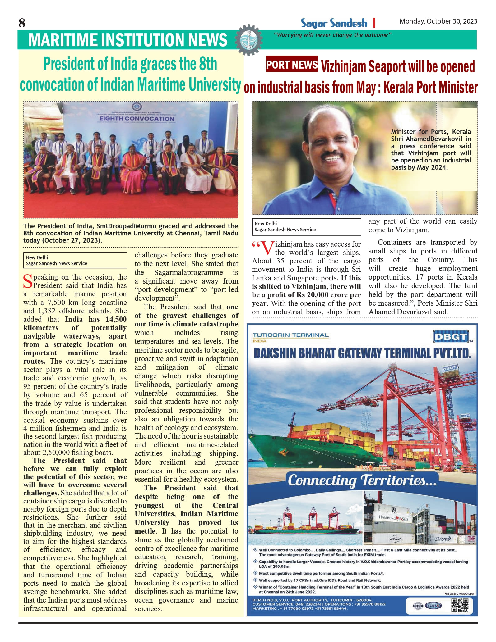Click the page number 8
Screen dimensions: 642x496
click(22, 23)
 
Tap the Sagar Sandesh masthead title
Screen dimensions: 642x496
click(334, 23)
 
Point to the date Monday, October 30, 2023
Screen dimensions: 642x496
click(438, 21)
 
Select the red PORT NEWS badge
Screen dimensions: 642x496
click(292, 64)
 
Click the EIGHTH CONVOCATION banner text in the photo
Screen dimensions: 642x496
click(137, 119)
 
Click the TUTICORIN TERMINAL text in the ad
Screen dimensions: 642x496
click(290, 335)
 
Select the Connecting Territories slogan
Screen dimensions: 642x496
click(362, 480)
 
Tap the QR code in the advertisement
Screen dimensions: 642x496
click(460, 605)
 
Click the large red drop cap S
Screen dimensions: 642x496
click(28, 281)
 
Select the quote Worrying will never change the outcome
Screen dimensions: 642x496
click(332, 35)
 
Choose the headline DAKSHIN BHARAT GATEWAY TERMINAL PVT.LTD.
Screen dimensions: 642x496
click(362, 353)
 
